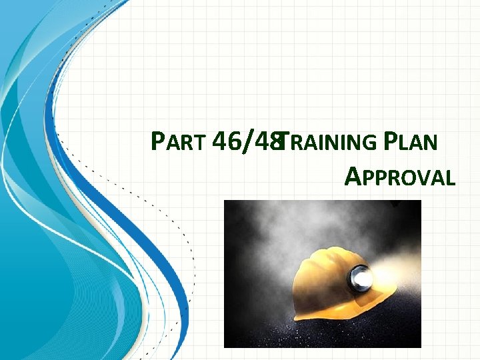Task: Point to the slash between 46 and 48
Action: [248, 141]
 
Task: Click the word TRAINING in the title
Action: [328, 142]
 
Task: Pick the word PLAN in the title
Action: [414, 142]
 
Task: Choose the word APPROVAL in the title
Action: [400, 177]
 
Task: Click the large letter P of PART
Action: [158, 141]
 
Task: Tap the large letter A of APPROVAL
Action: [355, 176]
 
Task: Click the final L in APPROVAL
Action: [451, 178]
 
